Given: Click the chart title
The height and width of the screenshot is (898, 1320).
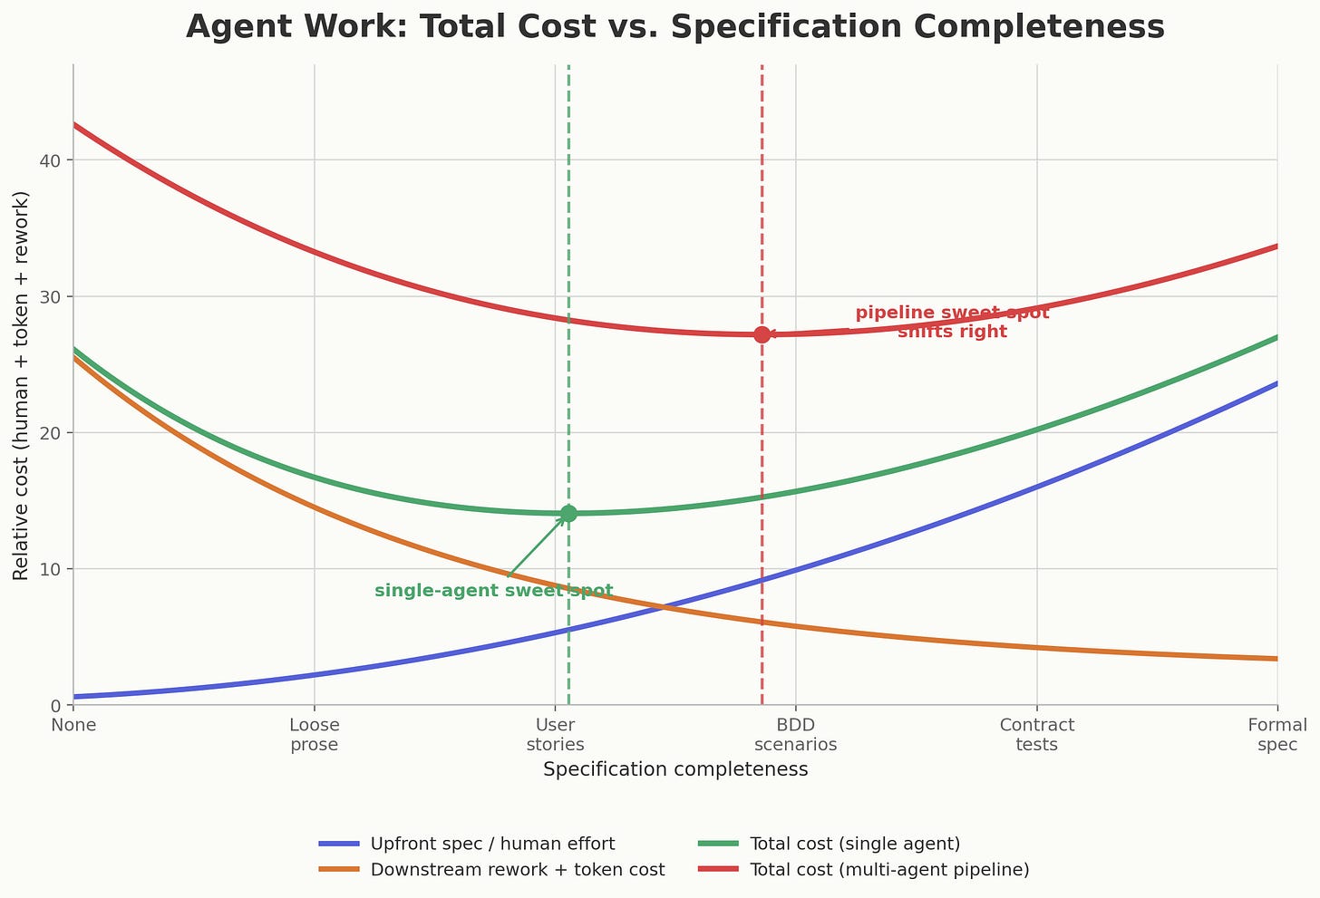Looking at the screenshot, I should click(675, 27).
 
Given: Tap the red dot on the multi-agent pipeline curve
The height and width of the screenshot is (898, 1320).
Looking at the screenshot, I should click(762, 334).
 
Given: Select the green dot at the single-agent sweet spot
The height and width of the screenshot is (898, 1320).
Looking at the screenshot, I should click(568, 514).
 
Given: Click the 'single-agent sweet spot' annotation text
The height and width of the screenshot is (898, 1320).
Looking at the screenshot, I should click(493, 591).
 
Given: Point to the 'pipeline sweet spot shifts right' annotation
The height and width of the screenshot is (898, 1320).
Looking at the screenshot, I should click(952, 322).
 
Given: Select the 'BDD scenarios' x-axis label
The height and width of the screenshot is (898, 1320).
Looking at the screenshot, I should click(795, 735).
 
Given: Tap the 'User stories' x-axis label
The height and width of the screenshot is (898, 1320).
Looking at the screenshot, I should click(555, 735).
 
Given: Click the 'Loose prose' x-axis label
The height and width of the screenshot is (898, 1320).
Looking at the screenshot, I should click(314, 735).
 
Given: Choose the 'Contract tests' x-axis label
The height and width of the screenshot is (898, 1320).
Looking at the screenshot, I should click(1036, 735).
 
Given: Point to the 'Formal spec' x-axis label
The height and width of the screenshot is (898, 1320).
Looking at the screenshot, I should click(1276, 735).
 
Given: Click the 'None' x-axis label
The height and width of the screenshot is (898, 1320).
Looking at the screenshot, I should click(73, 725).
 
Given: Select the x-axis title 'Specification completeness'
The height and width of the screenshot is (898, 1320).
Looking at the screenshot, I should click(675, 769).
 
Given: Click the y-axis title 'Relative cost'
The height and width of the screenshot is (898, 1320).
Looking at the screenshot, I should click(22, 385).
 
